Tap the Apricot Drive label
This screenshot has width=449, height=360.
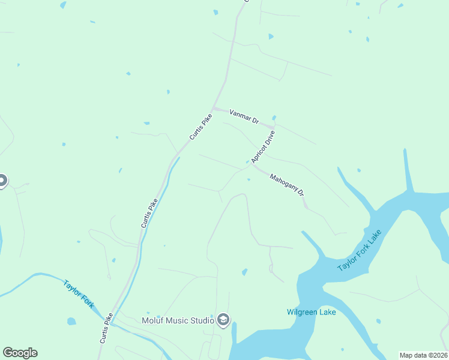pyautogui.click(x=263, y=147)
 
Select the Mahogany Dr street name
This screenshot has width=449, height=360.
pyautogui.click(x=287, y=185)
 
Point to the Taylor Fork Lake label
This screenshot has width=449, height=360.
pyautogui.click(x=360, y=250)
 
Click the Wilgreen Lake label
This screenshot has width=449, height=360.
pyautogui.click(x=311, y=312)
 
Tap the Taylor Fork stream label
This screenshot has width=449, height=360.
pyautogui.click(x=79, y=293)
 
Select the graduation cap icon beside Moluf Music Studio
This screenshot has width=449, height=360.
pyautogui.click(x=223, y=320)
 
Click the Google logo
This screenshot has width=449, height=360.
pyautogui.click(x=20, y=353)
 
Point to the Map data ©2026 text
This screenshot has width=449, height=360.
pyautogui.click(x=423, y=355)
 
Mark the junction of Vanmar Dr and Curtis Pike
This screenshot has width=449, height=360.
pyautogui.click(x=214, y=109)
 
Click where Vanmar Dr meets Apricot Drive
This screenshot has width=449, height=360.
pyautogui.click(x=274, y=127)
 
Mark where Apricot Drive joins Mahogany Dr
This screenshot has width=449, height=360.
pyautogui.click(x=253, y=166)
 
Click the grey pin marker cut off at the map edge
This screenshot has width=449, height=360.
pyautogui.click(x=2, y=180)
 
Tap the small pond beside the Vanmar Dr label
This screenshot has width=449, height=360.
pyautogui.click(x=274, y=118)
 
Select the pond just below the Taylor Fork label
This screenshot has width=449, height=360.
pyautogui.click(x=71, y=321)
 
